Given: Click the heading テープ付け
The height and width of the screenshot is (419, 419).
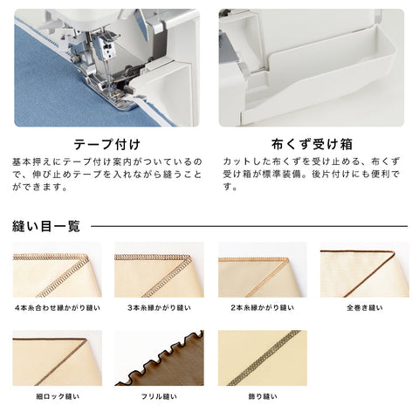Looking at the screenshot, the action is click(x=106, y=144).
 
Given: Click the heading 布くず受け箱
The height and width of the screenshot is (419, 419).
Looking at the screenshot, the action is click(x=312, y=144).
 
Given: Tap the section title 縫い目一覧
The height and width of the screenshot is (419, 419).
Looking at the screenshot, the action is click(x=46, y=226).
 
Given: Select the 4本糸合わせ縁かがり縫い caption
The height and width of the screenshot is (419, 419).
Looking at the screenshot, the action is click(x=58, y=307).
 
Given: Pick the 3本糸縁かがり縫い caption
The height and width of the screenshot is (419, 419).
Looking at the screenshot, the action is click(x=159, y=307).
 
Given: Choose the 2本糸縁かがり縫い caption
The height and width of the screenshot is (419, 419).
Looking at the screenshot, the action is click(x=263, y=307).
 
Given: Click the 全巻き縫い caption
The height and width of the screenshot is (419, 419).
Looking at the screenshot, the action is click(x=365, y=307).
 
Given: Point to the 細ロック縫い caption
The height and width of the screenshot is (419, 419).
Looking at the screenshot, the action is click(x=58, y=396).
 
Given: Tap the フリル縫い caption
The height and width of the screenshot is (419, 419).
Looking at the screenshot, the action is click(x=159, y=396).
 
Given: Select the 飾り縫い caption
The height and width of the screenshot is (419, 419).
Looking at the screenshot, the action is click(x=263, y=396).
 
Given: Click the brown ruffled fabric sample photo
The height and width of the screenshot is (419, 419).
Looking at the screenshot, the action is click(x=159, y=358).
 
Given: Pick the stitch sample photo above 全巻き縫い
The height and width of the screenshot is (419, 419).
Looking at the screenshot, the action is click(x=365, y=270).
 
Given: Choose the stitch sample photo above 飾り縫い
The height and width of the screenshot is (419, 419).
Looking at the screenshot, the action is click(x=263, y=358).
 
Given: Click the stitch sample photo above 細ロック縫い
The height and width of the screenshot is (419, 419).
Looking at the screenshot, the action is click(x=58, y=358).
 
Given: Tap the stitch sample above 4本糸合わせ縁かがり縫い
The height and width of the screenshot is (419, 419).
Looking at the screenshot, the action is click(x=58, y=270).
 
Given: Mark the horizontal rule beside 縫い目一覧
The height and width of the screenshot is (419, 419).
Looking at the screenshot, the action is click(x=250, y=226).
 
